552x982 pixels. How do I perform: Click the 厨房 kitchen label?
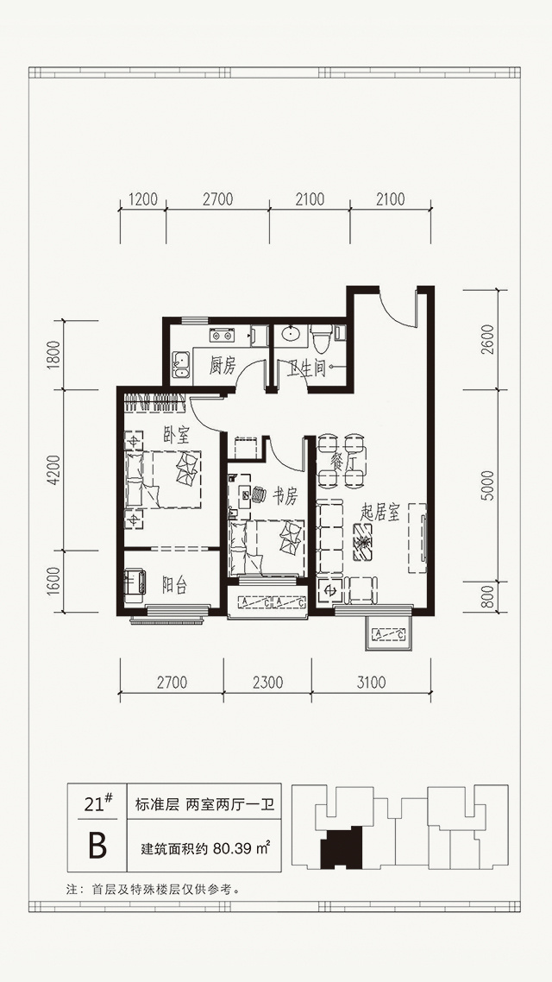(223, 366)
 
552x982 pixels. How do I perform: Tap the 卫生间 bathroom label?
(307, 368)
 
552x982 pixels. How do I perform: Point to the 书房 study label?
(285, 497)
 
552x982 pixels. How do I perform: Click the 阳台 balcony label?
(174, 586)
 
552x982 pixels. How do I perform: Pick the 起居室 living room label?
(380, 513)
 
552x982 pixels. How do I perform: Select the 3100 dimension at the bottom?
(371, 682)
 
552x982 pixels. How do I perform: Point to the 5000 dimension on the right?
(488, 485)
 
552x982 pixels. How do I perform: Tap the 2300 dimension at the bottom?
(268, 682)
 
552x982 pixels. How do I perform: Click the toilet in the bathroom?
(321, 338)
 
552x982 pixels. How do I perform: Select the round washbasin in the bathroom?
(291, 334)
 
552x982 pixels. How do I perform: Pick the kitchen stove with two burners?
(222, 335)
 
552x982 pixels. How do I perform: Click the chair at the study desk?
(259, 494)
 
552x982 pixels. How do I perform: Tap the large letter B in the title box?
(97, 846)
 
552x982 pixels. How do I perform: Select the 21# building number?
(97, 803)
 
